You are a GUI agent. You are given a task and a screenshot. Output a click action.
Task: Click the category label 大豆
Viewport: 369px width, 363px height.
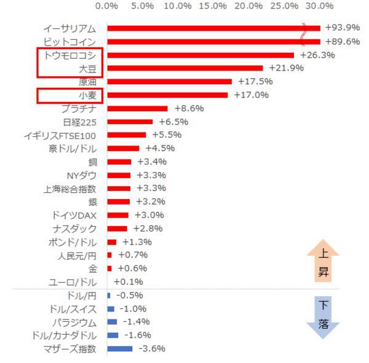pos(84,68)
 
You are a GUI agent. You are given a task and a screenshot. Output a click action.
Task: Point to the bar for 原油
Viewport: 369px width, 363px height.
pos(169,82)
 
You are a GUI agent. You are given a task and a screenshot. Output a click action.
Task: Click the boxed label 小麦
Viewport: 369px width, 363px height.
pos(86,95)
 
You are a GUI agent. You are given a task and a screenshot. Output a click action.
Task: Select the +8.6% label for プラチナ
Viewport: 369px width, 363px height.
pos(188,108)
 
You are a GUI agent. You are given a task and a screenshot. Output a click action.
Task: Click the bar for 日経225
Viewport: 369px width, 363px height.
pos(130,122)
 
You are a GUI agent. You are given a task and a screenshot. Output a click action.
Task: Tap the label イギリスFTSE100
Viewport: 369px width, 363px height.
pos(64,135)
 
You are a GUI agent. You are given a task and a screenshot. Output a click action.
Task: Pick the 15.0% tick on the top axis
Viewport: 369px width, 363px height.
pos(213,6)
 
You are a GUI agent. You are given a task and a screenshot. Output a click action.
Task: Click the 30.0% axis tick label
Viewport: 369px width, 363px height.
pos(319,6)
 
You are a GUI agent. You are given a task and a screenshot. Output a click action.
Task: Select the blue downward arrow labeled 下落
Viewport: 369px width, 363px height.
pos(323,317)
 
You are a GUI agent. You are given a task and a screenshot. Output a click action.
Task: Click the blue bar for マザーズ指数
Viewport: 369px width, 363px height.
pos(119,349)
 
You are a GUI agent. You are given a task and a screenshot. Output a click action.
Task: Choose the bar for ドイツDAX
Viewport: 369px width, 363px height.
pos(117,215)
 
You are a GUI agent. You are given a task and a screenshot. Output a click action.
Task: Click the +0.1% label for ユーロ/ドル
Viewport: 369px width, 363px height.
pos(128,282)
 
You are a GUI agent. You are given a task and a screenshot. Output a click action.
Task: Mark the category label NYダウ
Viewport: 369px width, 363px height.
pos(81,175)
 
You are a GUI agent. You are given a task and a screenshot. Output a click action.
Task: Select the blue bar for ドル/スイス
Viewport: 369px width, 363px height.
pos(111,309)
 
